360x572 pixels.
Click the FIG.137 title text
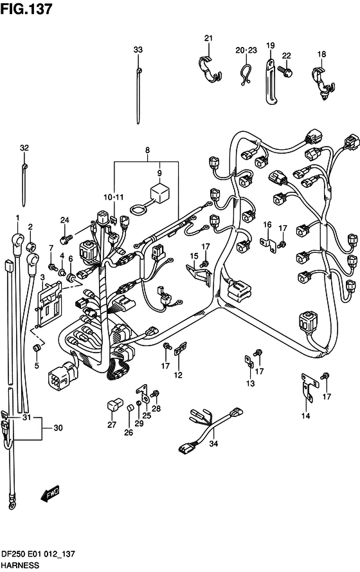point(26,9)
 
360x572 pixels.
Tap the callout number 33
point(138,50)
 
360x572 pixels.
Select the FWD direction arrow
point(50,494)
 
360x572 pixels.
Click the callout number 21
point(208,38)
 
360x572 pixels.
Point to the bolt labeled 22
point(285,70)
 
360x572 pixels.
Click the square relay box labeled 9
point(159,192)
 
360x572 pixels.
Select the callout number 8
point(148,150)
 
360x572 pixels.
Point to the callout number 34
point(213,443)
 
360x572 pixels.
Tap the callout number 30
point(59,427)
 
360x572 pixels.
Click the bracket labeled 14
point(309,387)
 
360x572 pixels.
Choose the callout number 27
point(112,424)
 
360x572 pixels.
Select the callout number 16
point(267,225)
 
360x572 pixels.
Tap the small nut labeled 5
point(37,347)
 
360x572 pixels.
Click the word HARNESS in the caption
point(20,565)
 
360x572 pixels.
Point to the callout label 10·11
point(114,197)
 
